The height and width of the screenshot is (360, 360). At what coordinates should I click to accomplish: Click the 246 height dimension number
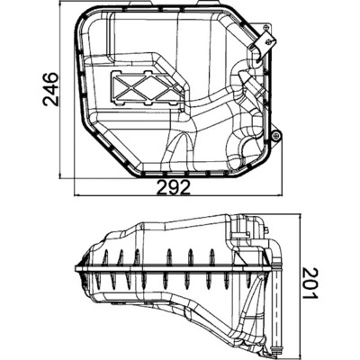click(50, 89)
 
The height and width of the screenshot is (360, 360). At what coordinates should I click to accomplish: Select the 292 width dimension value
click(174, 187)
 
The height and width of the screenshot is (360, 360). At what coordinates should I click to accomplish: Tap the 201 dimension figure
click(310, 283)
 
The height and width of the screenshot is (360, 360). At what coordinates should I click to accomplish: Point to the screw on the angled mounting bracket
click(269, 41)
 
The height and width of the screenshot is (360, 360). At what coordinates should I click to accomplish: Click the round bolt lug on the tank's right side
click(275, 137)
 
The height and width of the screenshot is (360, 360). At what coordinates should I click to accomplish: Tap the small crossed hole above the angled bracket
click(266, 28)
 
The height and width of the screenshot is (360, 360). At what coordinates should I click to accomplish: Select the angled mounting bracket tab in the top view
click(262, 43)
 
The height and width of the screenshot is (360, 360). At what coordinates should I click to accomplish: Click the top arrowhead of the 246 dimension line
click(60, 3)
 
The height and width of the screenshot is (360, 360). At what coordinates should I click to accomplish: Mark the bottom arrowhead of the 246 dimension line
click(60, 176)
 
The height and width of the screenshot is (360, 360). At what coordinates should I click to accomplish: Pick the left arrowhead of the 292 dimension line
click(76, 195)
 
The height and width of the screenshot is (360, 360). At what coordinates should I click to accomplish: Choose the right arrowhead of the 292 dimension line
click(281, 195)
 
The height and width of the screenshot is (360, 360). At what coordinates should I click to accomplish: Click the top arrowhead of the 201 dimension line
click(300, 217)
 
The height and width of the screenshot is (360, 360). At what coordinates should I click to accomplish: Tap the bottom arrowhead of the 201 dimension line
click(300, 355)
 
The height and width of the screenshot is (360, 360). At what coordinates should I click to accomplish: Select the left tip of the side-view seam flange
click(75, 268)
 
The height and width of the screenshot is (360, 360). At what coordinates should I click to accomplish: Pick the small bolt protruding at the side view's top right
click(266, 230)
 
